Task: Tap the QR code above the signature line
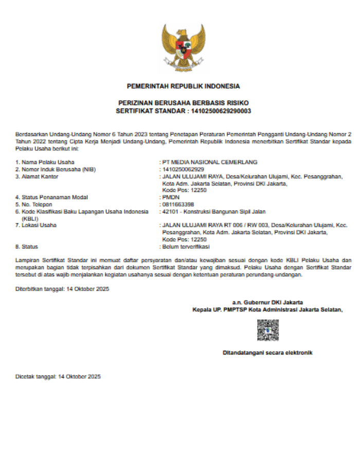pos(268,330)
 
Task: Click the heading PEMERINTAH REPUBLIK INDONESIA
pos(183,86)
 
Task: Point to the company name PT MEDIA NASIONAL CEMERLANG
pos(209,162)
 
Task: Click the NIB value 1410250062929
pos(183,169)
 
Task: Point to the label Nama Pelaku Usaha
pos(45,162)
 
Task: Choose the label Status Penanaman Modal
pos(51,197)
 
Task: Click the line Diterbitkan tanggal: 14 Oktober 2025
pos(62,289)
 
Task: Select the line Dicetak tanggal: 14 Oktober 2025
pos(58,377)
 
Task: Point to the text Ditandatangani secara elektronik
pos(267,353)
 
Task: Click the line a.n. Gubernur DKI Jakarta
pos(267,302)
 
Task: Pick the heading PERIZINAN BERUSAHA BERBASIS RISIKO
pos(183,103)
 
